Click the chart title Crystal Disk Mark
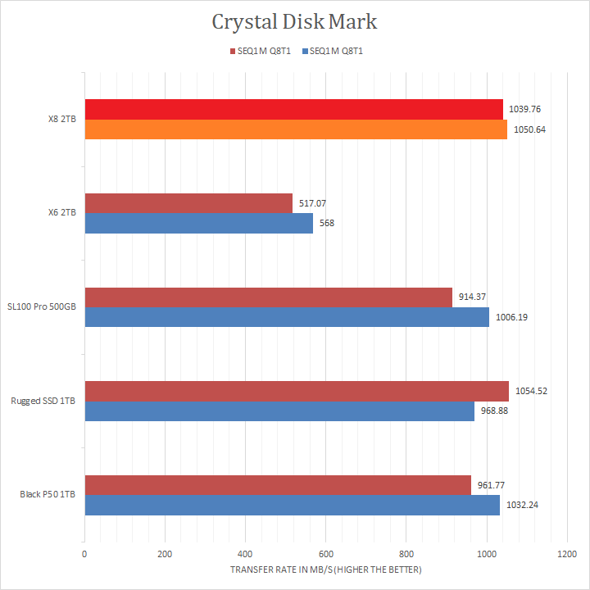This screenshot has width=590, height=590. point(294,21)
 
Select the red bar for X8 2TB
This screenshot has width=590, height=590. point(293,109)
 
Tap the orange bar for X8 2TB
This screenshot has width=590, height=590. point(295,129)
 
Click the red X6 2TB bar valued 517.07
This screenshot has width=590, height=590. point(188,203)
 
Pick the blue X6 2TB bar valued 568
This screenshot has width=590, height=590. point(198,223)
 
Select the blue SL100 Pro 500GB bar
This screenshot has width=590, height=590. point(287,317)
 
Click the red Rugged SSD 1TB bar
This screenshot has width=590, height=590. point(296,391)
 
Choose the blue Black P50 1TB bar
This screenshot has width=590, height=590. point(292,505)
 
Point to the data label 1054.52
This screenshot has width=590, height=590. point(531,391)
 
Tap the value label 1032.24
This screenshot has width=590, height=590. point(522,505)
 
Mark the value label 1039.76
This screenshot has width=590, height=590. point(524,109)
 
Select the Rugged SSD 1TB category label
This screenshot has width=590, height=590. point(43,401)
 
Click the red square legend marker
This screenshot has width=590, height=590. point(233,51)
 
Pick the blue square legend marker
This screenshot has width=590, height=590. point(305,51)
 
